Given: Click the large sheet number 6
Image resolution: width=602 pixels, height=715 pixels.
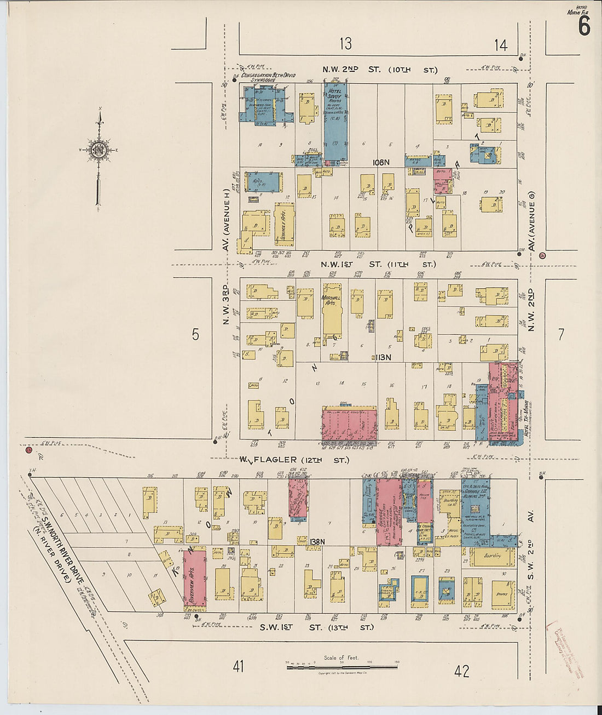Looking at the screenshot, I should click(x=584, y=25).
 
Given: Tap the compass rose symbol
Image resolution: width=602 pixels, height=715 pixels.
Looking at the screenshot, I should click(x=99, y=150).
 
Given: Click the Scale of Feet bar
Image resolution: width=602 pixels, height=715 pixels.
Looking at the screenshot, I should click(x=342, y=667).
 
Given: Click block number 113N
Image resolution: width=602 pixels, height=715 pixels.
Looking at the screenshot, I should click(x=383, y=357).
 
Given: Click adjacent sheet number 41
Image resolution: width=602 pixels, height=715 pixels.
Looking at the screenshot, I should click(x=238, y=667).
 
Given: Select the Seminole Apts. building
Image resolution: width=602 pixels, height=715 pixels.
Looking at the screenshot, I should click(x=284, y=225).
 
